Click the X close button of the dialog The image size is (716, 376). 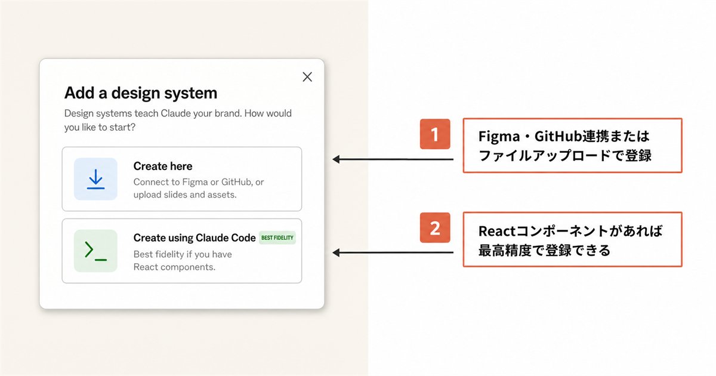(307, 77)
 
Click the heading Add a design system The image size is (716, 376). (141, 93)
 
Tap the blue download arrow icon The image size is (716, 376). (95, 179)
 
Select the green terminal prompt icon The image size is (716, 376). (95, 251)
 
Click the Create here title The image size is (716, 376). (163, 167)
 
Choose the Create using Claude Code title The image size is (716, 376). (195, 238)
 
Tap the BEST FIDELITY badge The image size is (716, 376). (277, 238)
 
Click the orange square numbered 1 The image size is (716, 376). (435, 134)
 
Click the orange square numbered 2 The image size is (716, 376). (435, 227)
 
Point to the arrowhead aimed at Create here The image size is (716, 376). (336, 159)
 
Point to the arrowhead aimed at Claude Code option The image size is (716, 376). (336, 252)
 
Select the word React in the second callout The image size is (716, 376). (496, 231)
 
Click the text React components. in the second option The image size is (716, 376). (174, 267)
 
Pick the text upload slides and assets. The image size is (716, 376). (185, 195)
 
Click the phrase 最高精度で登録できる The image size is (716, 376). (544, 250)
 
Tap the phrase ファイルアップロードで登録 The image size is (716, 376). (565, 156)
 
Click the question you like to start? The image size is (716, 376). (100, 127)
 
